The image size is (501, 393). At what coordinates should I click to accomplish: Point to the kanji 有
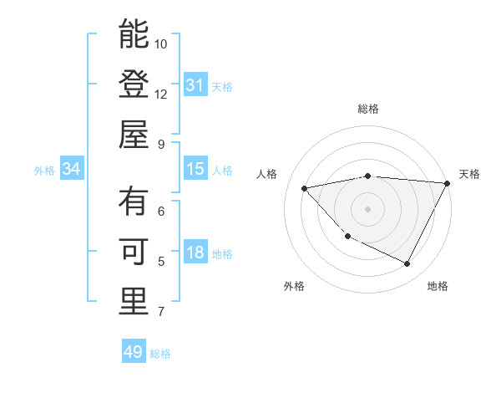(134, 202)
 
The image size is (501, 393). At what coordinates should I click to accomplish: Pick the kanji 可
(134, 253)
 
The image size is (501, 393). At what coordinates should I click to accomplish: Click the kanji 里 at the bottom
(134, 302)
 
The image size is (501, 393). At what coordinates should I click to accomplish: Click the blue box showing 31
(195, 85)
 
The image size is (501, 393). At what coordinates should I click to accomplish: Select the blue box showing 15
(195, 169)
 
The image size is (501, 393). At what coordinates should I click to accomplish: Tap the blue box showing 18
(195, 253)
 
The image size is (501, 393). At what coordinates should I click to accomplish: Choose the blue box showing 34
(72, 170)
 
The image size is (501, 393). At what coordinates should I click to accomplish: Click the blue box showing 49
(134, 352)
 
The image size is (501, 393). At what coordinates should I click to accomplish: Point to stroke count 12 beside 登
(161, 94)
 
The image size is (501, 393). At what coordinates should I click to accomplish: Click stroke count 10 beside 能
(161, 43)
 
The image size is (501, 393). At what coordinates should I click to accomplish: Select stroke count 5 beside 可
(160, 262)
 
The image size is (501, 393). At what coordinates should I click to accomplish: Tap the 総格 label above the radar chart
(367, 109)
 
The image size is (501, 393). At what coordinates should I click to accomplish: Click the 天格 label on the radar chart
(469, 174)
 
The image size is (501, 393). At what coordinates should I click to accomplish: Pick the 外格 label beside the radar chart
(294, 287)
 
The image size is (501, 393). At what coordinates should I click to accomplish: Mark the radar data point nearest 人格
(305, 188)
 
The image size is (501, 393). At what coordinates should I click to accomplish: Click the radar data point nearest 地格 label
(407, 264)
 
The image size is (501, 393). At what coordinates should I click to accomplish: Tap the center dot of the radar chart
(367, 208)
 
